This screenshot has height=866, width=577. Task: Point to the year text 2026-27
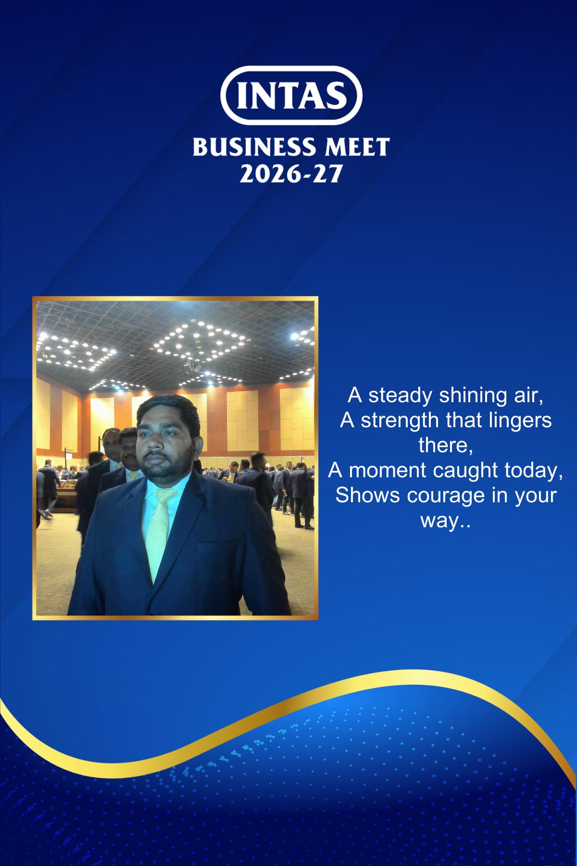coord(290,174)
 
